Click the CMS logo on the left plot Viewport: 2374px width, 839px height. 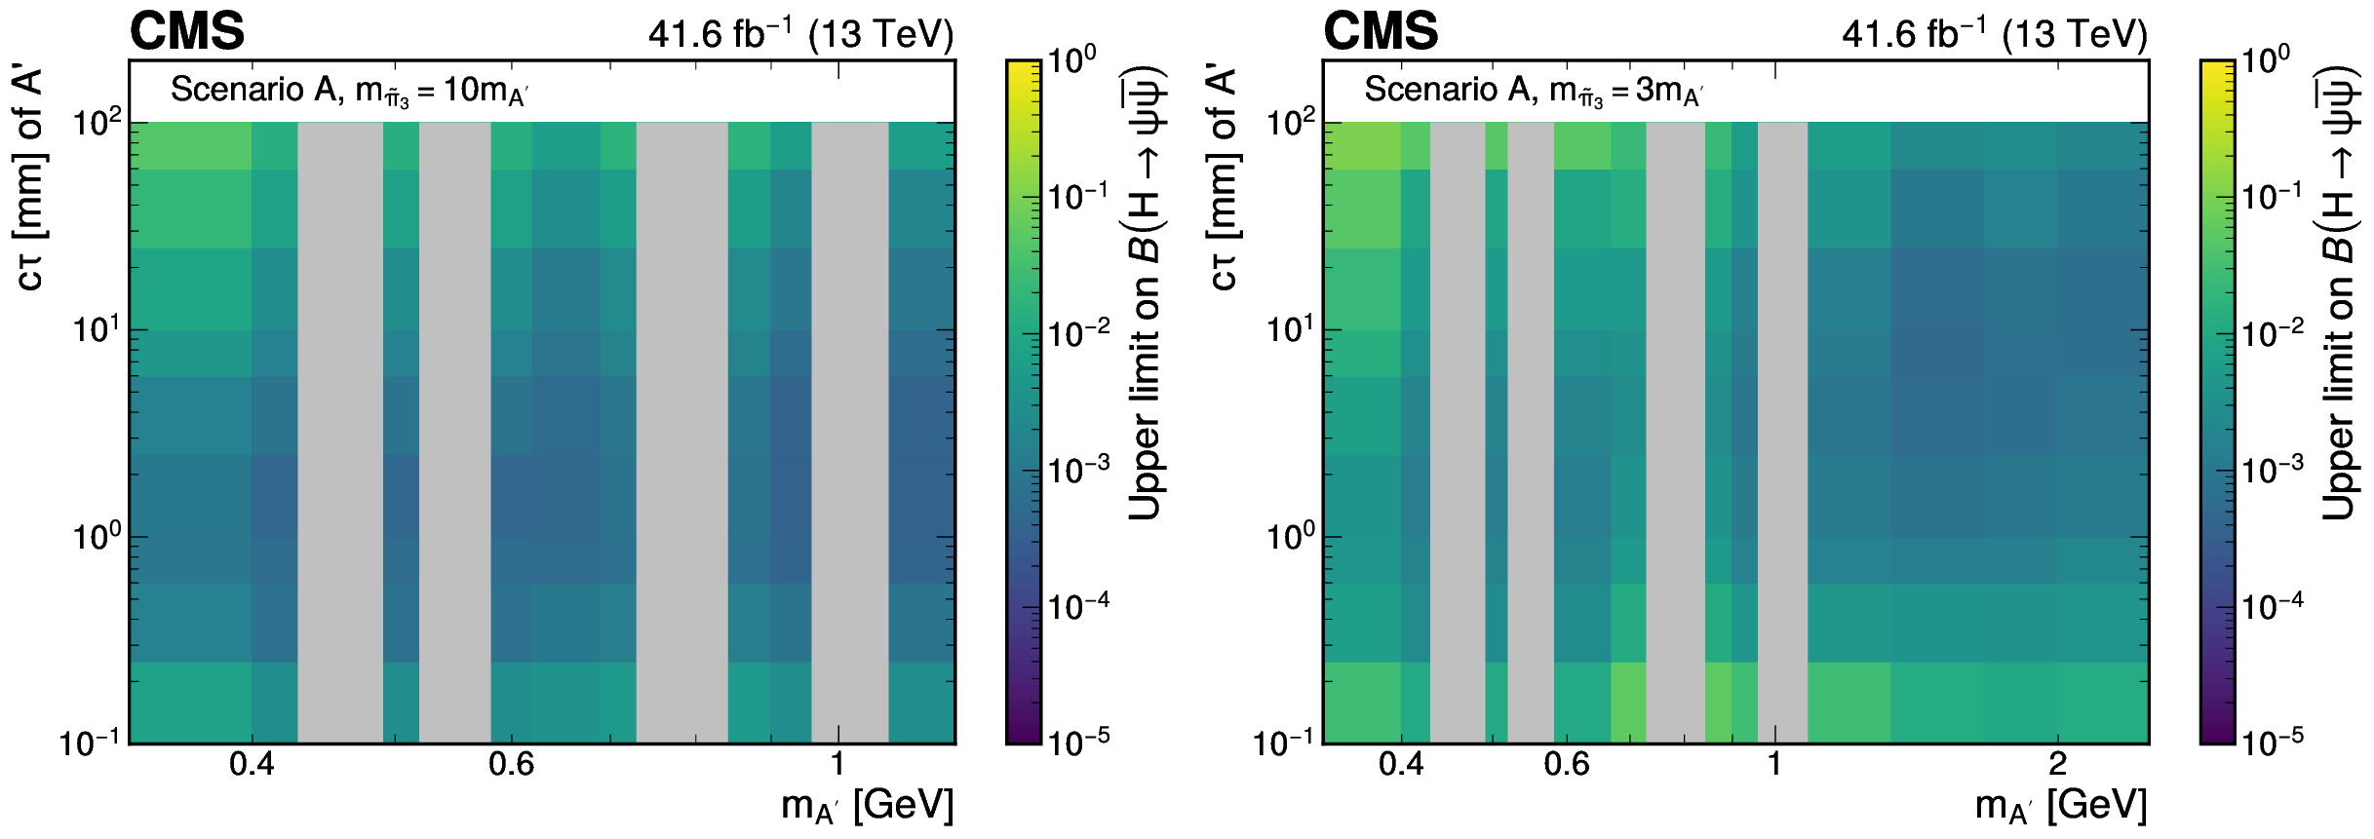tap(187, 32)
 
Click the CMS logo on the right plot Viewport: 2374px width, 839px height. tap(1381, 32)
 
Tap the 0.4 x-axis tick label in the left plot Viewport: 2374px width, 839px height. tap(252, 764)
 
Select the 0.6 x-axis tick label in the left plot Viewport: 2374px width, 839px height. tap(512, 764)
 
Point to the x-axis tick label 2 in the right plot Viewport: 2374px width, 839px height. tap(2057, 764)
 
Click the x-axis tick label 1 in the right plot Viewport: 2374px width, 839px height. tap(1774, 764)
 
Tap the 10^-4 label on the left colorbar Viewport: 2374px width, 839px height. tap(1078, 606)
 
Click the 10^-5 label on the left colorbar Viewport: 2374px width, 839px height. tap(1078, 742)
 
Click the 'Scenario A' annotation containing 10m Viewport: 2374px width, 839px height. tap(349, 92)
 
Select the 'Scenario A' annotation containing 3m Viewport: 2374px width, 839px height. tap(1534, 92)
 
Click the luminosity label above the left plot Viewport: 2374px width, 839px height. tap(800, 34)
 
